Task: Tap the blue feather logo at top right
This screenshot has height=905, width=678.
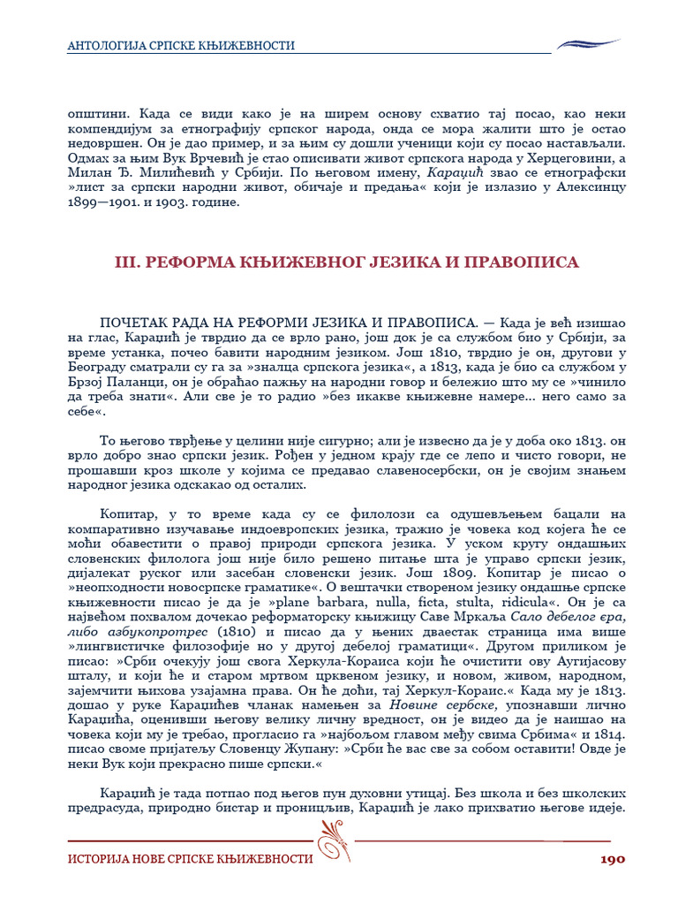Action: coord(589,43)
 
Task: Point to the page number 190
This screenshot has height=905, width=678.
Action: coord(613,858)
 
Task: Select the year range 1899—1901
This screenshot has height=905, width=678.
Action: coord(105,202)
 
